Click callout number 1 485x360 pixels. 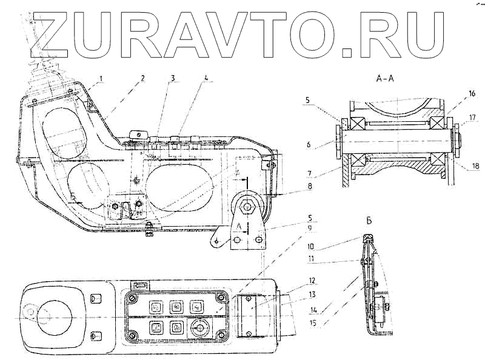102,78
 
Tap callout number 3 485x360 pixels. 173,78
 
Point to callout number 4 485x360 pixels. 207,78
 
